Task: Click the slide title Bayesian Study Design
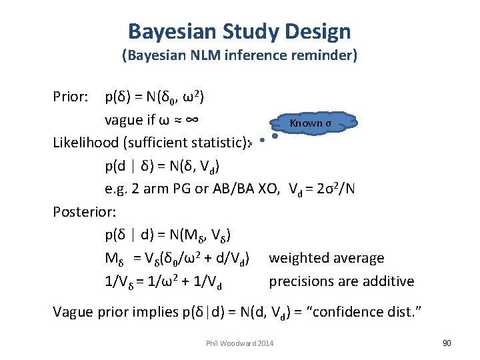[x=239, y=31]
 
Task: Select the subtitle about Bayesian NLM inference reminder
[x=239, y=56]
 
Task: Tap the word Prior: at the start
[x=71, y=97]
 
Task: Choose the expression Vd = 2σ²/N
[x=322, y=189]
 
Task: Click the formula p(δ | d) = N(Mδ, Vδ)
[x=168, y=235]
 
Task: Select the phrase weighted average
[x=327, y=258]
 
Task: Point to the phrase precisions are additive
[x=341, y=281]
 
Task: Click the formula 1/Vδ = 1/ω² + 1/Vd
[x=163, y=281]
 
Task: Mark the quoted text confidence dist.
[x=391, y=312]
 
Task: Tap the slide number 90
[x=447, y=343]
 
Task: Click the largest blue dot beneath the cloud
[x=275, y=135]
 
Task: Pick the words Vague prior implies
[x=105, y=312]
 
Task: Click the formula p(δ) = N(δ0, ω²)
[x=155, y=97]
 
